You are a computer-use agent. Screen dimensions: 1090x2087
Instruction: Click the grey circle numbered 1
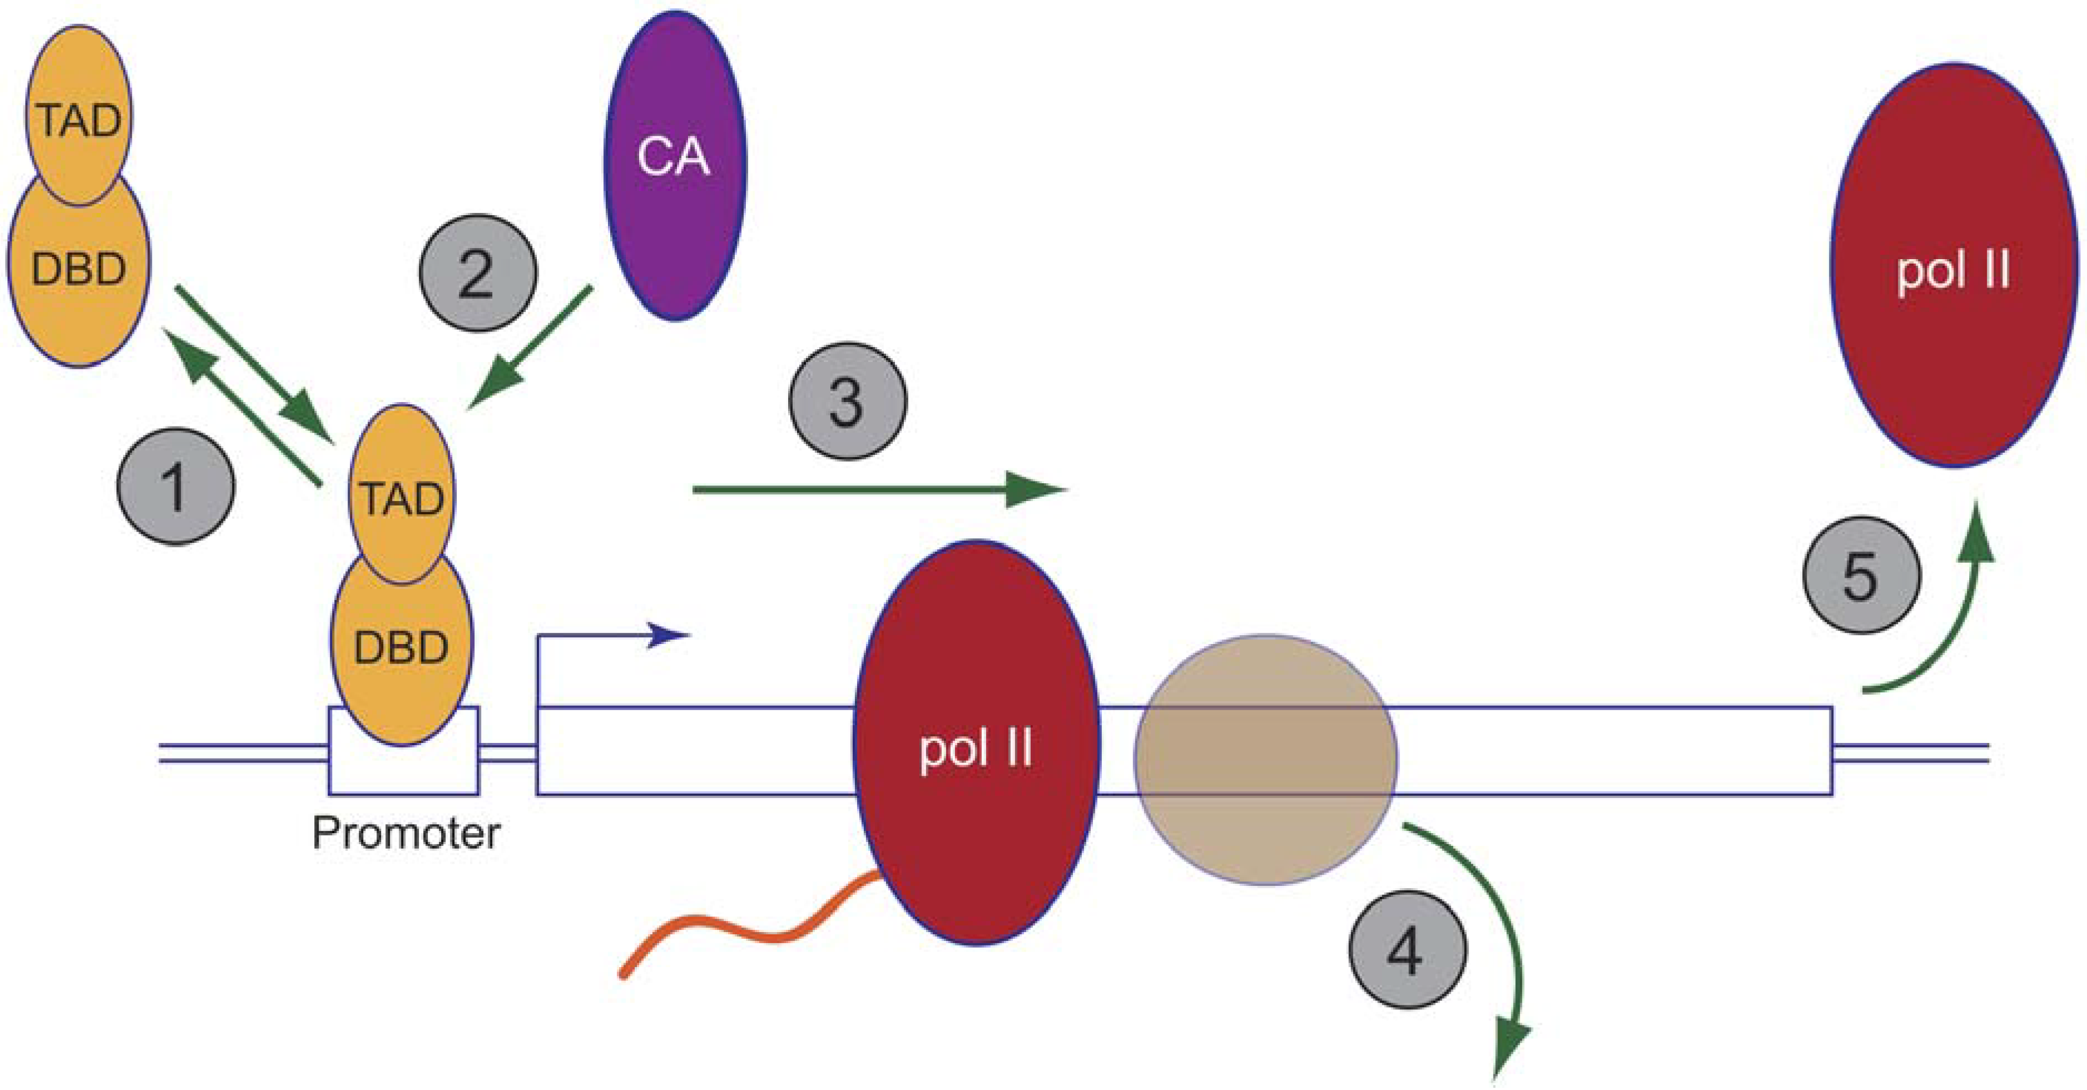pos(176,486)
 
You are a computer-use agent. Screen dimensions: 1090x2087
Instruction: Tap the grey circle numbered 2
pos(477,273)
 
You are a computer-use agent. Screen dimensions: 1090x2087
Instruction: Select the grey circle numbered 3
pos(848,401)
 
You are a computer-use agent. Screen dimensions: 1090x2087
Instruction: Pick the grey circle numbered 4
pos(1407,949)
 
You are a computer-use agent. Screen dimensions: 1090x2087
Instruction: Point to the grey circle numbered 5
pos(1861,575)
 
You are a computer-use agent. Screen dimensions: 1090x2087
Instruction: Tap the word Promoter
pos(406,833)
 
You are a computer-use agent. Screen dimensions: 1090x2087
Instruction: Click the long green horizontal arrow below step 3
pos(875,489)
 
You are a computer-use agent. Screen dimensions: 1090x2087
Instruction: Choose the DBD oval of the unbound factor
pos(78,275)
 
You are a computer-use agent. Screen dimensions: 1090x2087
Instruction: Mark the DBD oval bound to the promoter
pos(401,656)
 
